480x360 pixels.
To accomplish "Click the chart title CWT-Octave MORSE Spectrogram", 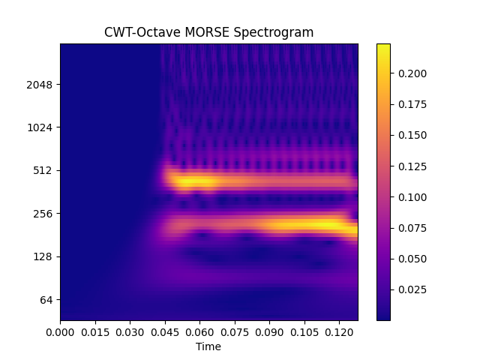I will [208, 32].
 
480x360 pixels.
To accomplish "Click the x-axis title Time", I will [208, 346].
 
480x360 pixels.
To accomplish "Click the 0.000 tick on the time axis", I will [60, 331].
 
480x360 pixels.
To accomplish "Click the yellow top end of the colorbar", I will [383, 46].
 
